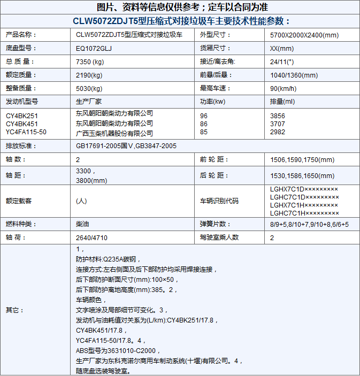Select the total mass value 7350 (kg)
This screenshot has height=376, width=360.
pyautogui.click(x=90, y=61)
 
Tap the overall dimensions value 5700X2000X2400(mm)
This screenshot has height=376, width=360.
pyautogui.click(x=304, y=35)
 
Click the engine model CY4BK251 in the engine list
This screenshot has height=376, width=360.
pyautogui.click(x=22, y=116)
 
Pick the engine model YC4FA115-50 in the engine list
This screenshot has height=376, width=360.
pyautogui.click(x=26, y=132)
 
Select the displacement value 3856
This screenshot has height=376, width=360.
pyautogui.click(x=278, y=116)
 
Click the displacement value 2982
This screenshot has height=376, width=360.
pyautogui.click(x=278, y=132)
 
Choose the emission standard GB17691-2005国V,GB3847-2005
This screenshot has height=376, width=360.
pyautogui.click(x=126, y=145)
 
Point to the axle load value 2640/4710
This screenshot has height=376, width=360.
pyautogui.click(x=91, y=237)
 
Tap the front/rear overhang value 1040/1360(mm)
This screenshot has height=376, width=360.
pyautogui.click(x=293, y=75)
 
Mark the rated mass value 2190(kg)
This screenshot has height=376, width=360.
pyautogui.click(x=89, y=75)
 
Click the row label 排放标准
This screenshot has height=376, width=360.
pyautogui.click(x=20, y=145)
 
